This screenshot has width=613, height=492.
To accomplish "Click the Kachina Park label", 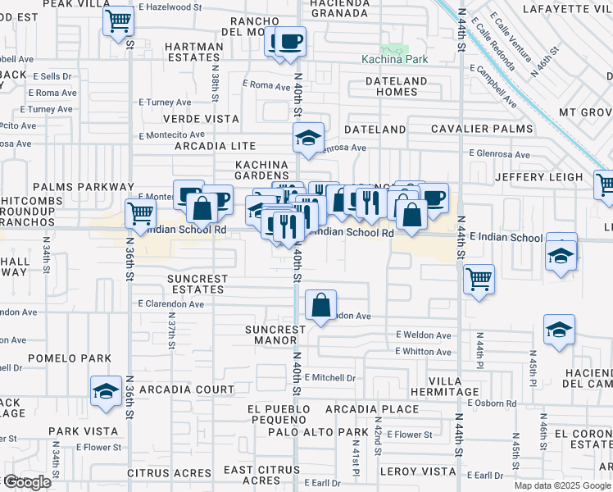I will coord(390,60).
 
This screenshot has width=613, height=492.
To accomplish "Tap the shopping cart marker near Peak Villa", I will coord(119,20).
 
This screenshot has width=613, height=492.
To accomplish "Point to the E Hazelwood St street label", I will coord(170,7).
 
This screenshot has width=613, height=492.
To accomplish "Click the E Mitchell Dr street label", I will coord(330,378).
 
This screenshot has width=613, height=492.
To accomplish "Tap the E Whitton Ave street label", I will coord(423,352).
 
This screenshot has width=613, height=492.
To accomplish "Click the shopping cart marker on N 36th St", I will coord(141,214).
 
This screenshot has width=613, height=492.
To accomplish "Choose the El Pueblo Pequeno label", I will coord(280,414).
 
